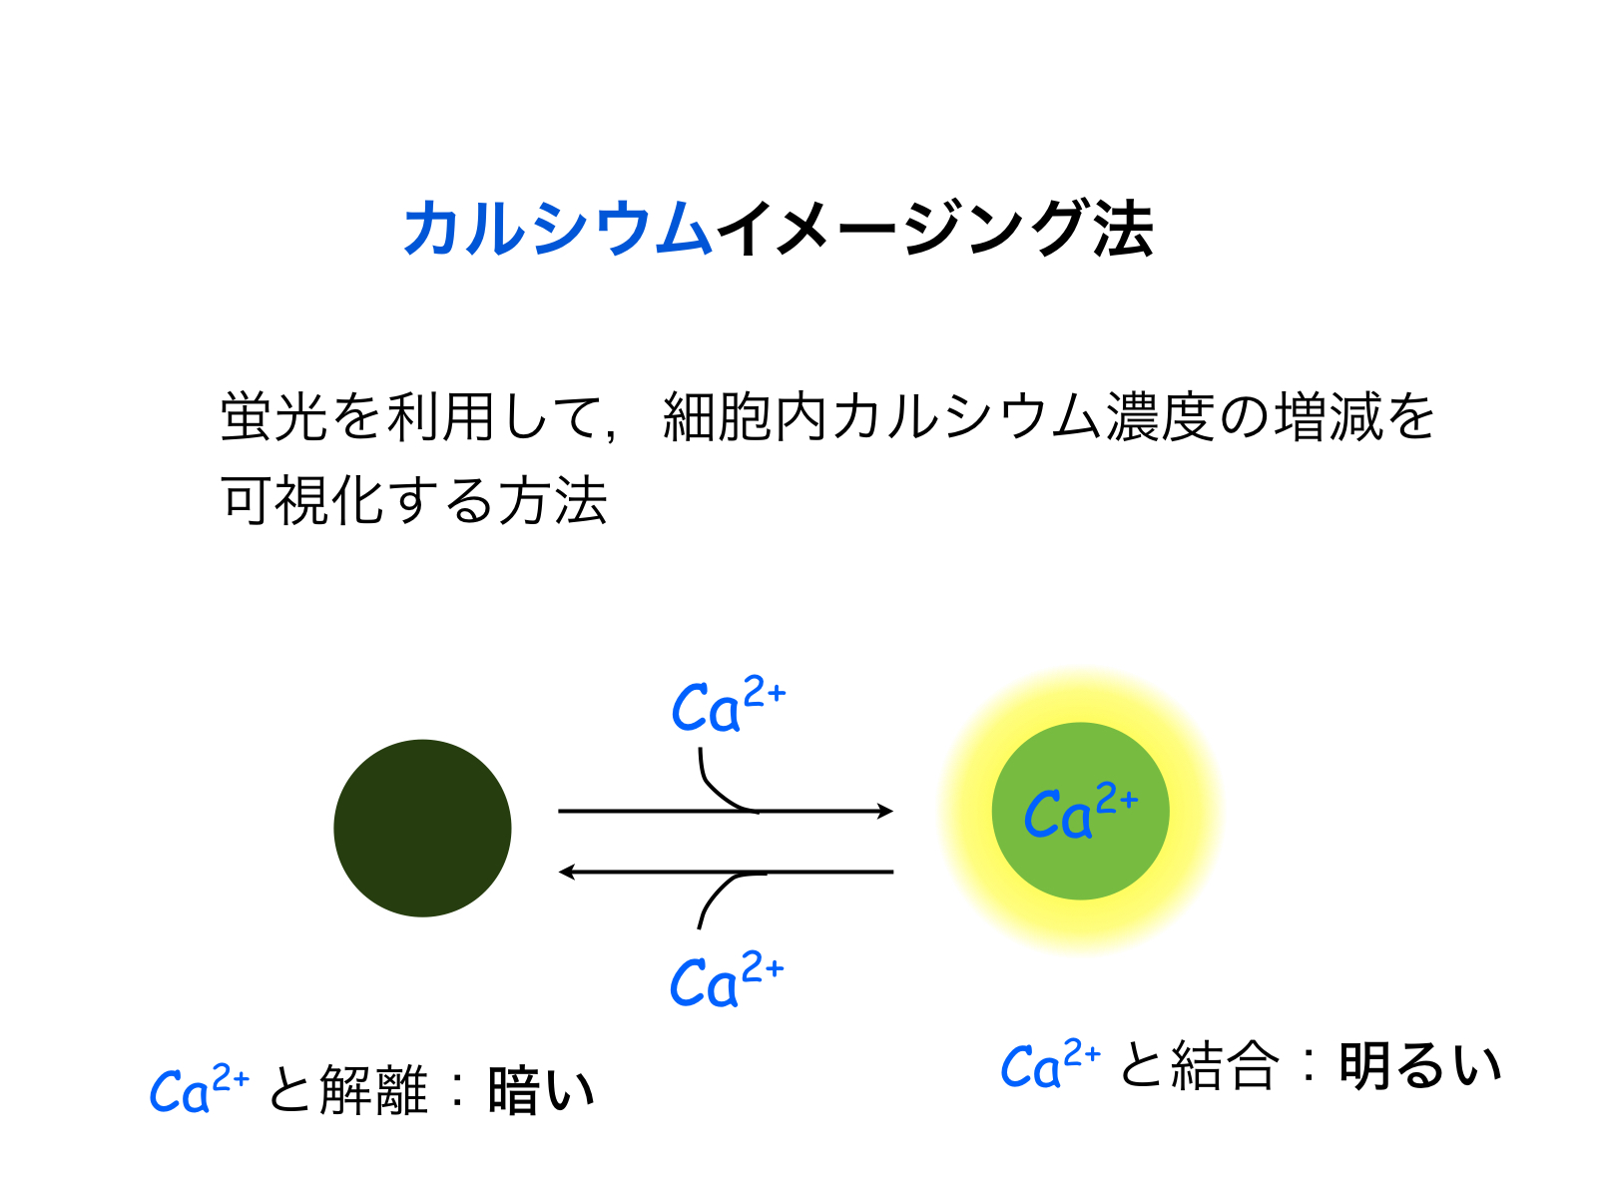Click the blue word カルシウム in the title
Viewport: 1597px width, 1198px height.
(x=557, y=228)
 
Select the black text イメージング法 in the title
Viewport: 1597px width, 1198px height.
(x=935, y=228)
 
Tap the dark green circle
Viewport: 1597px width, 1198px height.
(x=422, y=828)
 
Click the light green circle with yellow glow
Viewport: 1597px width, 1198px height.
(x=1080, y=811)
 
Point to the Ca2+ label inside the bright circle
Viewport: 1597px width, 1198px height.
(x=1080, y=810)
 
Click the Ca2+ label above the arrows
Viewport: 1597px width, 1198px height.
(x=729, y=704)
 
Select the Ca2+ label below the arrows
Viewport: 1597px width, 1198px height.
(x=726, y=979)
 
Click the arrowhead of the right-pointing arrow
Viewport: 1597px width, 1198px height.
(x=884, y=811)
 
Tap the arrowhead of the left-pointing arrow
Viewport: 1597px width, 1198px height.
(x=567, y=872)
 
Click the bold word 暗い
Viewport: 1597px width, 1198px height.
(x=541, y=1090)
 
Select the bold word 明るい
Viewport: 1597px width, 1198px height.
(x=1420, y=1066)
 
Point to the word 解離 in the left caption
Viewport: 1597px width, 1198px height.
(x=373, y=1089)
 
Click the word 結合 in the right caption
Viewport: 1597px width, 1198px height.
(x=1225, y=1065)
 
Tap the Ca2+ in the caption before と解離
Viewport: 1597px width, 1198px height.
(x=200, y=1088)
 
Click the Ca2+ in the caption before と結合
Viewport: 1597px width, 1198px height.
(x=1051, y=1063)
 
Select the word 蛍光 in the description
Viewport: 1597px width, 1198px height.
(x=274, y=416)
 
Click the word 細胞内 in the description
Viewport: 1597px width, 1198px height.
(x=745, y=416)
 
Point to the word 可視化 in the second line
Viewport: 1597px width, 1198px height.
(x=302, y=500)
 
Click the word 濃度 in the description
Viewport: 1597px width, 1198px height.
(x=1160, y=416)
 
